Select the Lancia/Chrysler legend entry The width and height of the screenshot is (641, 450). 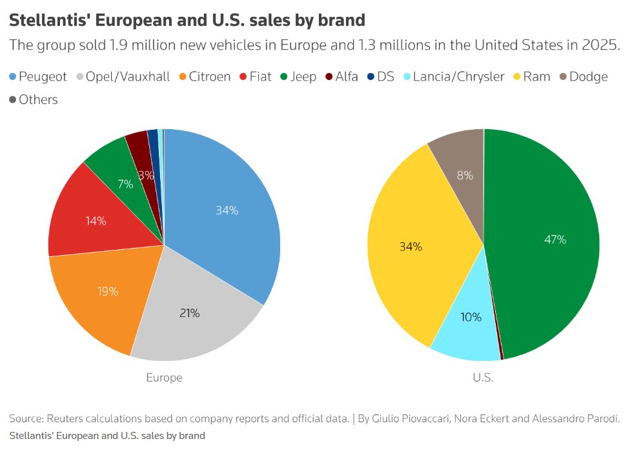pyautogui.click(x=451, y=77)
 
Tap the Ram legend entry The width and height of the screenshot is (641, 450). pyautogui.click(x=530, y=77)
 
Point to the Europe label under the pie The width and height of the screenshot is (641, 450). pyautogui.click(x=164, y=378)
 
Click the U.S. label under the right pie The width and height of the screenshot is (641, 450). pyautogui.click(x=483, y=378)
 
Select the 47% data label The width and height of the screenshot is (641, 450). pyautogui.click(x=555, y=240)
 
